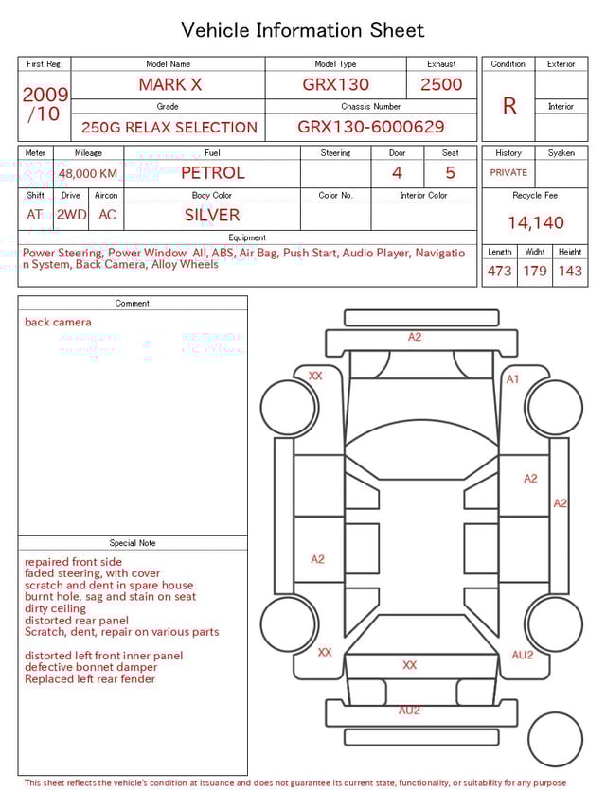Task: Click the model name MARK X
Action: [169, 84]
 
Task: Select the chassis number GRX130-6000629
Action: [370, 127]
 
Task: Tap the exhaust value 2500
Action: [441, 84]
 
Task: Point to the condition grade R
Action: [508, 106]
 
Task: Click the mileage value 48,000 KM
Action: [88, 173]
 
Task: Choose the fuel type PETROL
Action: [212, 172]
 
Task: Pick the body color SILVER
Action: [212, 215]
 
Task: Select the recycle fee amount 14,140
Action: [535, 222]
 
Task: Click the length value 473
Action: [499, 271]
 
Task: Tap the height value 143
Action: [570, 271]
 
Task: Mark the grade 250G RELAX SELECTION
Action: [169, 127]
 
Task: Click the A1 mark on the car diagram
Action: [512, 378]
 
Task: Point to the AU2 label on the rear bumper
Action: [409, 710]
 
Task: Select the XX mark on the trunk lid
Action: [409, 665]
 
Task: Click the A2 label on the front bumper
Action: [415, 337]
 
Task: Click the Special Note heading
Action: [133, 543]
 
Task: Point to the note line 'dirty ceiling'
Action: [55, 609]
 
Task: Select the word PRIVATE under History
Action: [508, 173]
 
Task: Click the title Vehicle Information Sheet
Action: [303, 30]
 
